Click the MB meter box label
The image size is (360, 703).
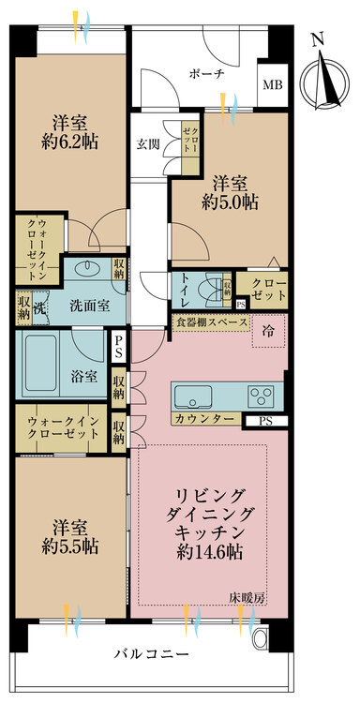pos(273,84)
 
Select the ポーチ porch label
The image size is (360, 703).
pos(206,74)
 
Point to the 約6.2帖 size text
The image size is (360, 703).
pos(69,142)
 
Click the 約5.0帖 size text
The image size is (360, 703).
pos(229,203)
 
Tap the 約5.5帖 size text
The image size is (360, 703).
pos(69,547)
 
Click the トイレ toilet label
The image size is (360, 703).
pos(187,290)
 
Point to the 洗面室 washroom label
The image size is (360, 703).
pos(90,306)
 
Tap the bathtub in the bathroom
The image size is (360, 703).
pos(41,364)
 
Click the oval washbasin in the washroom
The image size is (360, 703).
pos(85,269)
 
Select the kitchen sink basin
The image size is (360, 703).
pos(195,396)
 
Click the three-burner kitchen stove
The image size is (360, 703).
pos(261,396)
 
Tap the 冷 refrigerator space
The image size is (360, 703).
pos(268,331)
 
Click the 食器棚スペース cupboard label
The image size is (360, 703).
pos(211,322)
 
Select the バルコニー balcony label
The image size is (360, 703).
pos(151,654)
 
